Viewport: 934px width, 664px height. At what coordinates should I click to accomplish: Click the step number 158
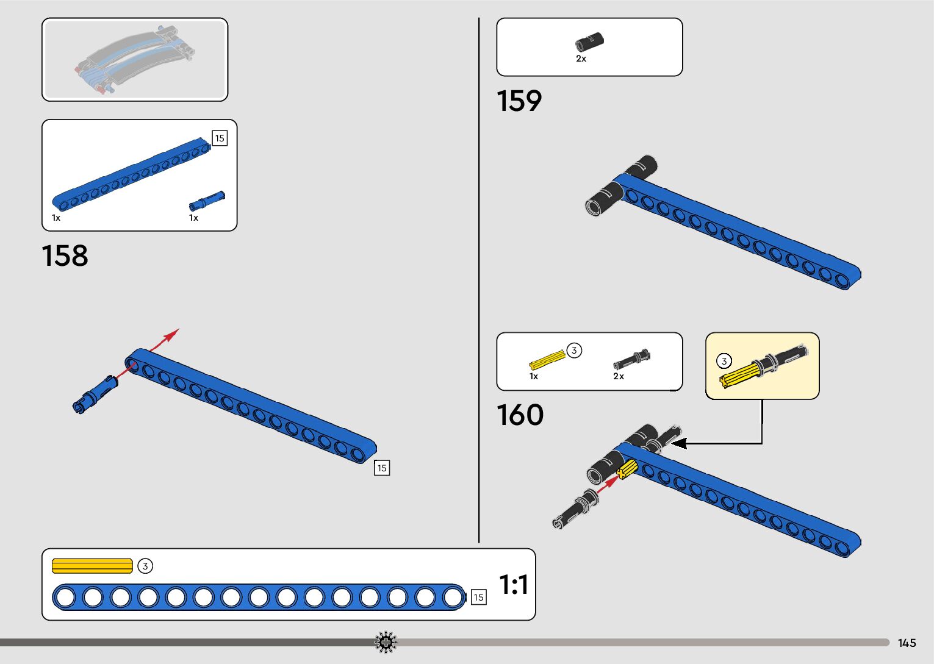pos(65,256)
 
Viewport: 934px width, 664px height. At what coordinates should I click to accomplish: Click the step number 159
pos(519,101)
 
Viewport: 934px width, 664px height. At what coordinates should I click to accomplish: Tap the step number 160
pos(520,415)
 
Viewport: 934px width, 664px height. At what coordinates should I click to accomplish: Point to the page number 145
pos(907,643)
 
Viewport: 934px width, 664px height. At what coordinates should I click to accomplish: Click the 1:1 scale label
pos(514,585)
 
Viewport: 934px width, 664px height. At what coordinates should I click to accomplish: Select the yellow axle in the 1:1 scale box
pos(92,566)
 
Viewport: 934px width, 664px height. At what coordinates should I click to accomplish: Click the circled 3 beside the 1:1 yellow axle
pos(145,566)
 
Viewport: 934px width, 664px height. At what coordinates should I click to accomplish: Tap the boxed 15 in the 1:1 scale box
pos(478,598)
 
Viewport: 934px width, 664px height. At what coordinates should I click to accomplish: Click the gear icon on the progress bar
pos(386,642)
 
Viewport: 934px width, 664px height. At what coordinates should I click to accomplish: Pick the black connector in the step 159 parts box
pos(589,42)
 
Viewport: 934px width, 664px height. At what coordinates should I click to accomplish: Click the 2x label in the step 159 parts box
pos(581,59)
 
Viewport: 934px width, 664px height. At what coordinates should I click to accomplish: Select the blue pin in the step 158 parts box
pos(207,201)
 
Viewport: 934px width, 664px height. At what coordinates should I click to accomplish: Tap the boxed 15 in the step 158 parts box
pos(220,138)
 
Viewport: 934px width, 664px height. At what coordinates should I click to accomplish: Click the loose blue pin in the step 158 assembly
pos(95,395)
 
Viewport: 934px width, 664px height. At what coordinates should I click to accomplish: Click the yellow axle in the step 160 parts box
pos(547,360)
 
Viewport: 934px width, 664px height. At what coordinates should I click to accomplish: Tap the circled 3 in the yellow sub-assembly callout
pos(724,361)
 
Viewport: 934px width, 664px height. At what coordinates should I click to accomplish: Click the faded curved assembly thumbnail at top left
pos(135,60)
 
